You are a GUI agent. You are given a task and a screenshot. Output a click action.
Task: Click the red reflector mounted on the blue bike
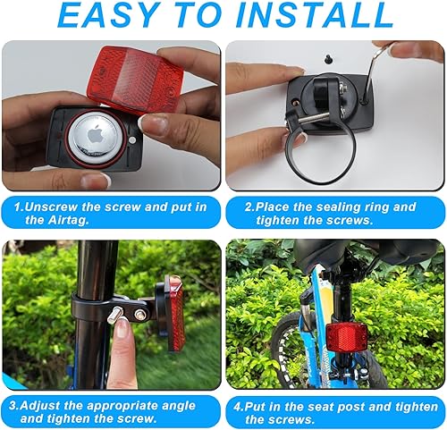click(x=344, y=339)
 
